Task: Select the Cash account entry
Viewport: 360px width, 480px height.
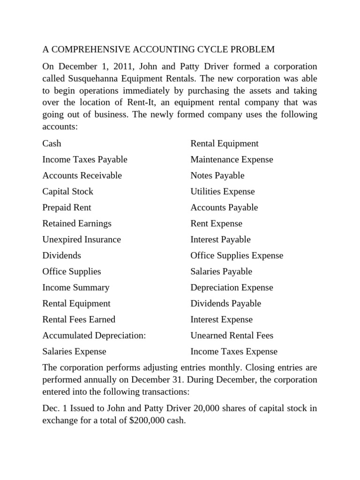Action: pyautogui.click(x=52, y=143)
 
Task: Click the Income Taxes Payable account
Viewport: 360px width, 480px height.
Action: pyautogui.click(x=85, y=159)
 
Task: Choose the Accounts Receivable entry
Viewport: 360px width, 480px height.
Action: pyautogui.click(x=82, y=175)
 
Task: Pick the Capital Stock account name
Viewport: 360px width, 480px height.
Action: pyautogui.click(x=67, y=191)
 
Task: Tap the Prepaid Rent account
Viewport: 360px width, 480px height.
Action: pyautogui.click(x=67, y=207)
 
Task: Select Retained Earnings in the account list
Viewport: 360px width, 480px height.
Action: pyautogui.click(x=77, y=223)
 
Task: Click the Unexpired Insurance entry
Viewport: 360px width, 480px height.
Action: pyautogui.click(x=82, y=239)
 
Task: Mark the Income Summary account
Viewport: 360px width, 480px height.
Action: pyautogui.click(x=76, y=287)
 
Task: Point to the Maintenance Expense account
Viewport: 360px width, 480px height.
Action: pyautogui.click(x=232, y=159)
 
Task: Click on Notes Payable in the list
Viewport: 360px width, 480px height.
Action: pyautogui.click(x=217, y=175)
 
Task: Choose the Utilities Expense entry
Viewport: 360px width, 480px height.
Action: pyautogui.click(x=223, y=191)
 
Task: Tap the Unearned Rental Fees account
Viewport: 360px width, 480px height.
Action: pyautogui.click(x=232, y=335)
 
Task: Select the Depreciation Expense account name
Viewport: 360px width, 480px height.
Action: pyautogui.click(x=232, y=287)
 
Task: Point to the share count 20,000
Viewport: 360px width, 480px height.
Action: pyautogui.click(x=192, y=408)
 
